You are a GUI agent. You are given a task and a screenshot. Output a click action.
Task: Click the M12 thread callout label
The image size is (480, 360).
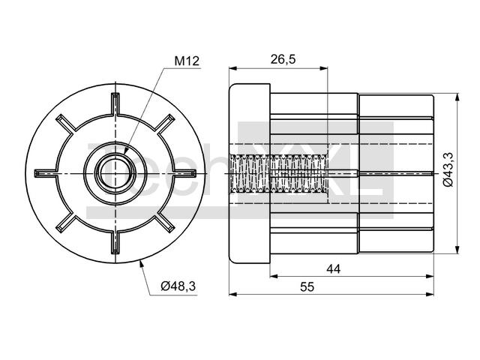187,61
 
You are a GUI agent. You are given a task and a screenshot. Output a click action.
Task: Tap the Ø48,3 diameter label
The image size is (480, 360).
178,286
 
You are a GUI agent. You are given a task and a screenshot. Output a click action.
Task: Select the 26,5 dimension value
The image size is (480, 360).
283,59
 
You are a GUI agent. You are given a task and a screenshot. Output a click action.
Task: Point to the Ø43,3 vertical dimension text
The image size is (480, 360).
448,169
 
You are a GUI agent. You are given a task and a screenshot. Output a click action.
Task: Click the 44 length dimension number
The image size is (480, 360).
333,269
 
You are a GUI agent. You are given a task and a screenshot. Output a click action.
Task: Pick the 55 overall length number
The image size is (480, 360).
307,287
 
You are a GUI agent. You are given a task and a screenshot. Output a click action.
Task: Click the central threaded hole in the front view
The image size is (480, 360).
115,173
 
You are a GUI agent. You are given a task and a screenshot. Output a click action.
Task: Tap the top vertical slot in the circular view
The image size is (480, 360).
115,104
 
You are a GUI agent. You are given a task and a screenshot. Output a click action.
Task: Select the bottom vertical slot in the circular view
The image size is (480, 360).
115,242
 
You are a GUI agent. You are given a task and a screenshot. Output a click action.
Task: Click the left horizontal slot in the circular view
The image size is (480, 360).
46,173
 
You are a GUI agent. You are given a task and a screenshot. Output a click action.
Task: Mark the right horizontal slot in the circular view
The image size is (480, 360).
184,173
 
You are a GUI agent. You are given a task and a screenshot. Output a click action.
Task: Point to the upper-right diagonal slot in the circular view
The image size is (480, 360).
166,123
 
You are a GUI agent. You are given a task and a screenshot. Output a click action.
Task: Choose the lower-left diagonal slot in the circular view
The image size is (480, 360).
66,223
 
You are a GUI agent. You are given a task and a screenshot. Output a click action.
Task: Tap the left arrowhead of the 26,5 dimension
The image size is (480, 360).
233,68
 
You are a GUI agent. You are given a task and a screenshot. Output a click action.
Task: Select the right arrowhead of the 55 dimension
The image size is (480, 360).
430,295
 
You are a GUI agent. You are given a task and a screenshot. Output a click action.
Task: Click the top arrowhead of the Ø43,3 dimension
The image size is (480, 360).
457,97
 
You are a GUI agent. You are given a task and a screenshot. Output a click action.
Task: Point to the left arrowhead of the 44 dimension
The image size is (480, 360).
274,276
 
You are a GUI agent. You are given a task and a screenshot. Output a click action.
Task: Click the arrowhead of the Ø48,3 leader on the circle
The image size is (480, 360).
142,263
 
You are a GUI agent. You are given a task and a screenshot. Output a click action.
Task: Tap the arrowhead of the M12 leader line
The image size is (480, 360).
126,149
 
